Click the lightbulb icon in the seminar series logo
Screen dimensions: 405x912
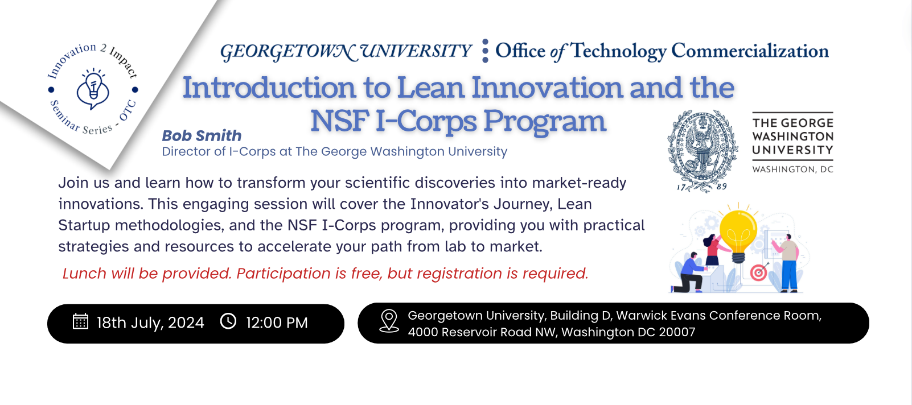(x=93, y=89)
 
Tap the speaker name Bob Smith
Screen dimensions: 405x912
(x=202, y=136)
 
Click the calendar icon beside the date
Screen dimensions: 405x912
(x=80, y=321)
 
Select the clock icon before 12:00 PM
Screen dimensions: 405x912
(x=228, y=321)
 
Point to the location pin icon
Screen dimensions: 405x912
(x=389, y=321)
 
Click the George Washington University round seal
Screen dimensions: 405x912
(x=701, y=150)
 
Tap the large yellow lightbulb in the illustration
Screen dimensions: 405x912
(x=738, y=232)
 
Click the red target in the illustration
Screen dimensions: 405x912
(x=758, y=273)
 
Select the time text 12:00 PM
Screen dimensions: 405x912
(x=277, y=323)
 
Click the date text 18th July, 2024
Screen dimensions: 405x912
(x=150, y=323)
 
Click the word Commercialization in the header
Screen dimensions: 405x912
(x=750, y=51)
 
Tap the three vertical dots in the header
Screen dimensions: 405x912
(x=485, y=51)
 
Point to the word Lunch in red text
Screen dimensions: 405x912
(x=84, y=274)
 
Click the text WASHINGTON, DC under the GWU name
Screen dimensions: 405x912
(x=792, y=170)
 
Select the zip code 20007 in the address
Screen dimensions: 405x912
(x=677, y=332)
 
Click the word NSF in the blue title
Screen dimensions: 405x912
(x=340, y=121)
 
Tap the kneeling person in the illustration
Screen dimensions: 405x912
(x=691, y=274)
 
